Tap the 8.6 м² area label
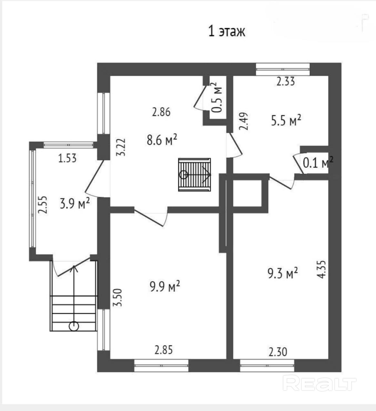(x=162, y=140)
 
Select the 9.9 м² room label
(x=165, y=286)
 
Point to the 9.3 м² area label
(x=283, y=273)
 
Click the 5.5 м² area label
(x=286, y=120)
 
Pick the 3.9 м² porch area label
(x=75, y=203)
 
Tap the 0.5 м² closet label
(x=217, y=97)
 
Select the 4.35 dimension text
(x=321, y=269)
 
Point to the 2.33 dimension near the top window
(x=286, y=81)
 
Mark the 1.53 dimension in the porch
(x=67, y=158)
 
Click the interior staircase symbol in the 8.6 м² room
(x=195, y=175)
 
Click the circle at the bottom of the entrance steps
(x=74, y=327)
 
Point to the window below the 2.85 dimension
(x=161, y=366)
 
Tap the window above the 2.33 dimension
(x=283, y=69)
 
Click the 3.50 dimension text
(x=118, y=298)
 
